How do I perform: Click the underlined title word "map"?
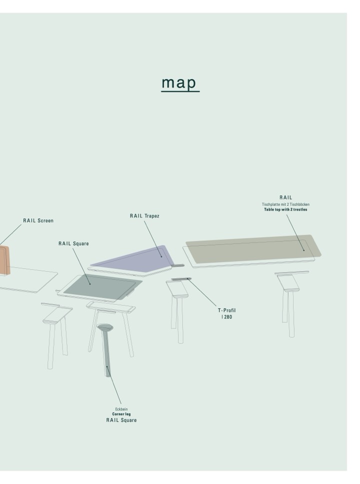point(179,82)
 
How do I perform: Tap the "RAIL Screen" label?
point(38,220)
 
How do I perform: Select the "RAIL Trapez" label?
point(144,216)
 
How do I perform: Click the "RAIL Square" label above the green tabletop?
point(73,243)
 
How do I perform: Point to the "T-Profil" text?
point(226,310)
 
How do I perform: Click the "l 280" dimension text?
point(226,317)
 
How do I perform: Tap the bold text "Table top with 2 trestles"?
point(285,209)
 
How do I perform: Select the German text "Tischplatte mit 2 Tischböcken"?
point(285,204)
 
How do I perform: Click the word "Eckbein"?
point(121,409)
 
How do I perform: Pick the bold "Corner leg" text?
point(121,414)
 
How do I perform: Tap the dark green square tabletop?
point(102,287)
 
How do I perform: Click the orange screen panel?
point(4,260)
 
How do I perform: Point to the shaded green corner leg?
point(106,349)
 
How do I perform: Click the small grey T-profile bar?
point(181,279)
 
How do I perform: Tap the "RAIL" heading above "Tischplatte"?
point(285,197)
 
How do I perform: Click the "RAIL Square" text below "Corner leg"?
point(121,420)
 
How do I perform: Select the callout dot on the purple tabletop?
point(161,256)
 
